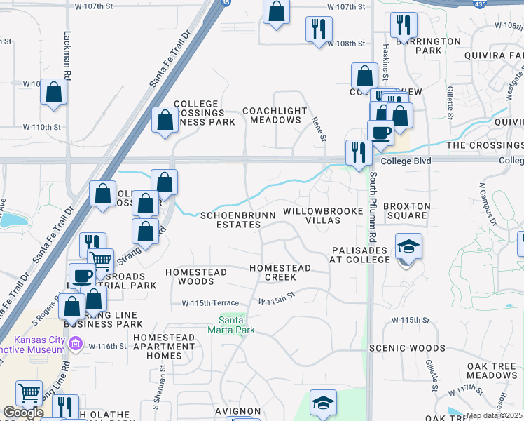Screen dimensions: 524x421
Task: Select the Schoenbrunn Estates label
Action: [230, 220]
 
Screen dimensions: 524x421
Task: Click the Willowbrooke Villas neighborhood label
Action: [322, 215]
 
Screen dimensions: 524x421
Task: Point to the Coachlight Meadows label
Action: [275, 116]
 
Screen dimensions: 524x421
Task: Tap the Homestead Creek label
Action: [280, 272]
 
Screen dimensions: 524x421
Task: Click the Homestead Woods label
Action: [195, 276]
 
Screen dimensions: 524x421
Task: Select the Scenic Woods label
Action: [416, 348]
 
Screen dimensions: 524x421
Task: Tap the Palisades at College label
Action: [359, 255]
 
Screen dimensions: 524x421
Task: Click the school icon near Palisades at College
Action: [409, 246]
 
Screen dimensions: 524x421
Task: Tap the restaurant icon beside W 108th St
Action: [319, 29]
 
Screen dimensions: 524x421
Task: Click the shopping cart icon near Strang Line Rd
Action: [101, 262]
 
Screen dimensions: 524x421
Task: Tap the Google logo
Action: [23, 413]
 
